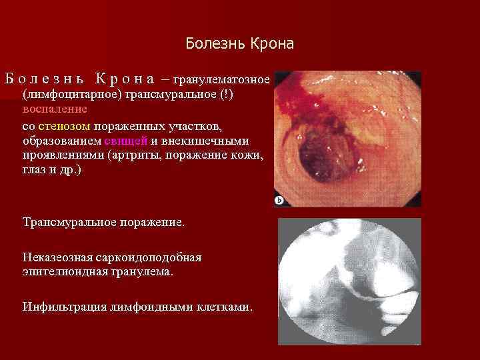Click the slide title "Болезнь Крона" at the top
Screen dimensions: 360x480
[x=239, y=44]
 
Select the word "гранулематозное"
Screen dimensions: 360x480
[x=221, y=79]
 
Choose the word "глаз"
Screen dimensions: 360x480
[x=35, y=171]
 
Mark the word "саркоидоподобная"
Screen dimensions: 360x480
[x=150, y=257]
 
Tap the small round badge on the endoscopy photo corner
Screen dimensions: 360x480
[x=279, y=201]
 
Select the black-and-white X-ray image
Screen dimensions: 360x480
[x=349, y=281]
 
